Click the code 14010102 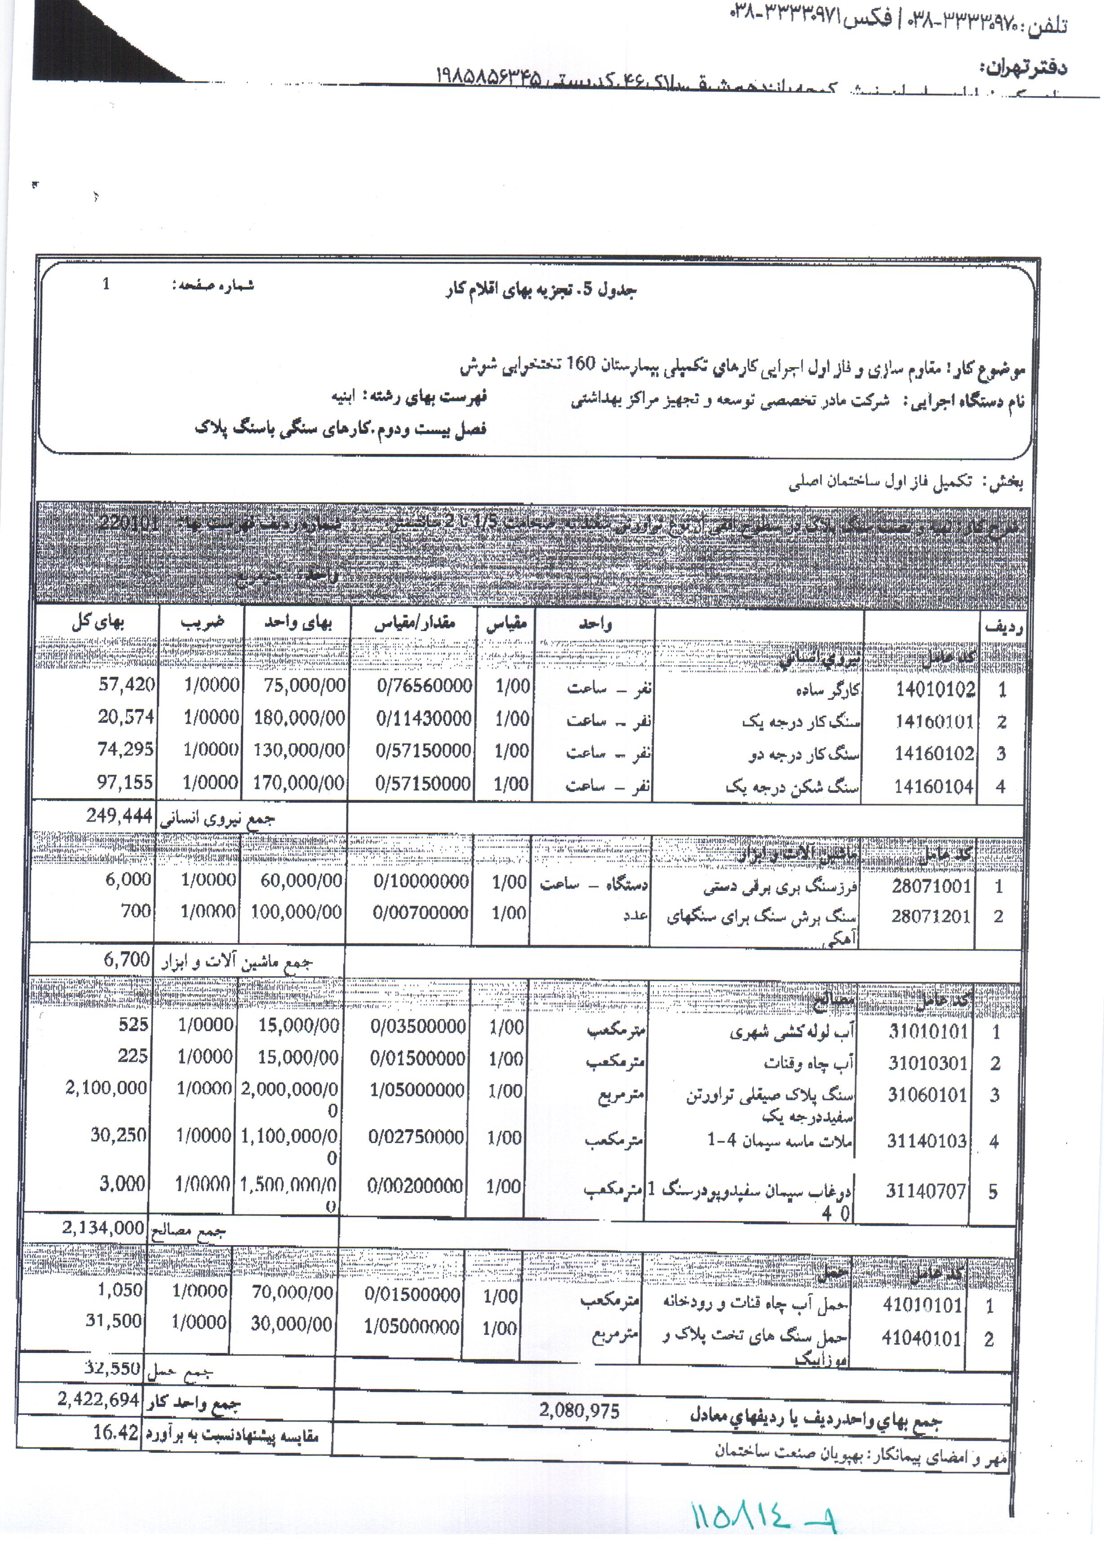935,690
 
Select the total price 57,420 127,685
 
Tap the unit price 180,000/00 299,717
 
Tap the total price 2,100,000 106,1087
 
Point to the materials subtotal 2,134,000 103,1228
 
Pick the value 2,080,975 578,1410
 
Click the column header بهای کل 98,621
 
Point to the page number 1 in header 106,284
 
